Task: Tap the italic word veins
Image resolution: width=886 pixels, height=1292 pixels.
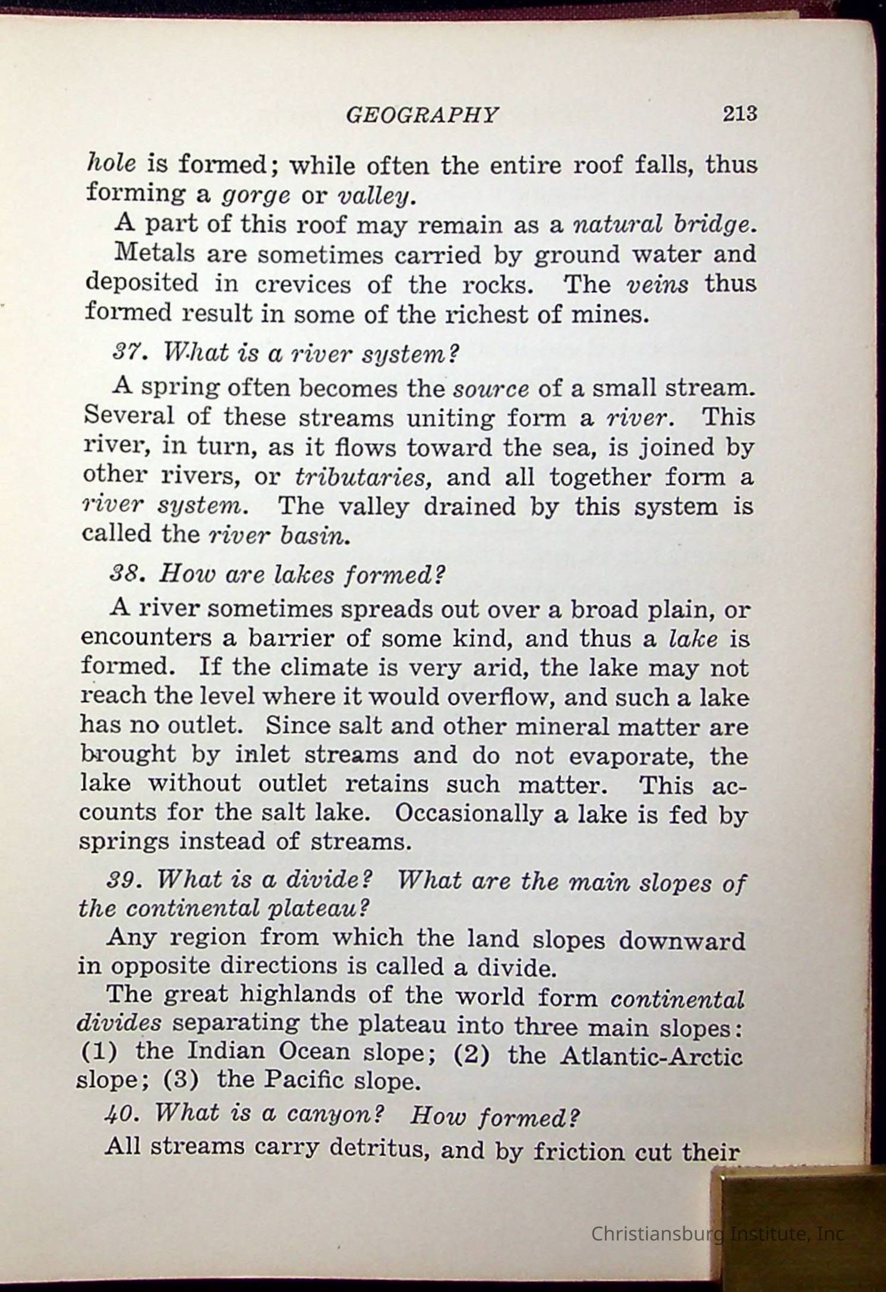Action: pyautogui.click(x=658, y=284)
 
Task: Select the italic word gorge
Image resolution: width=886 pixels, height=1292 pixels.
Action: pyautogui.click(x=256, y=195)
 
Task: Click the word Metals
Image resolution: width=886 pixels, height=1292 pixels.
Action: pyautogui.click(x=155, y=254)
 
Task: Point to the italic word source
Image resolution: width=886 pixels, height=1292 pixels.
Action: pyautogui.click(x=491, y=389)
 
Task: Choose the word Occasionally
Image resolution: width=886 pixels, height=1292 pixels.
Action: pyautogui.click(x=468, y=813)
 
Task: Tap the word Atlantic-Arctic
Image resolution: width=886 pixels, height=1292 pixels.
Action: pyautogui.click(x=651, y=1056)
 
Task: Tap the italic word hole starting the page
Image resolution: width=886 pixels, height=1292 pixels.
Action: pyautogui.click(x=112, y=163)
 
